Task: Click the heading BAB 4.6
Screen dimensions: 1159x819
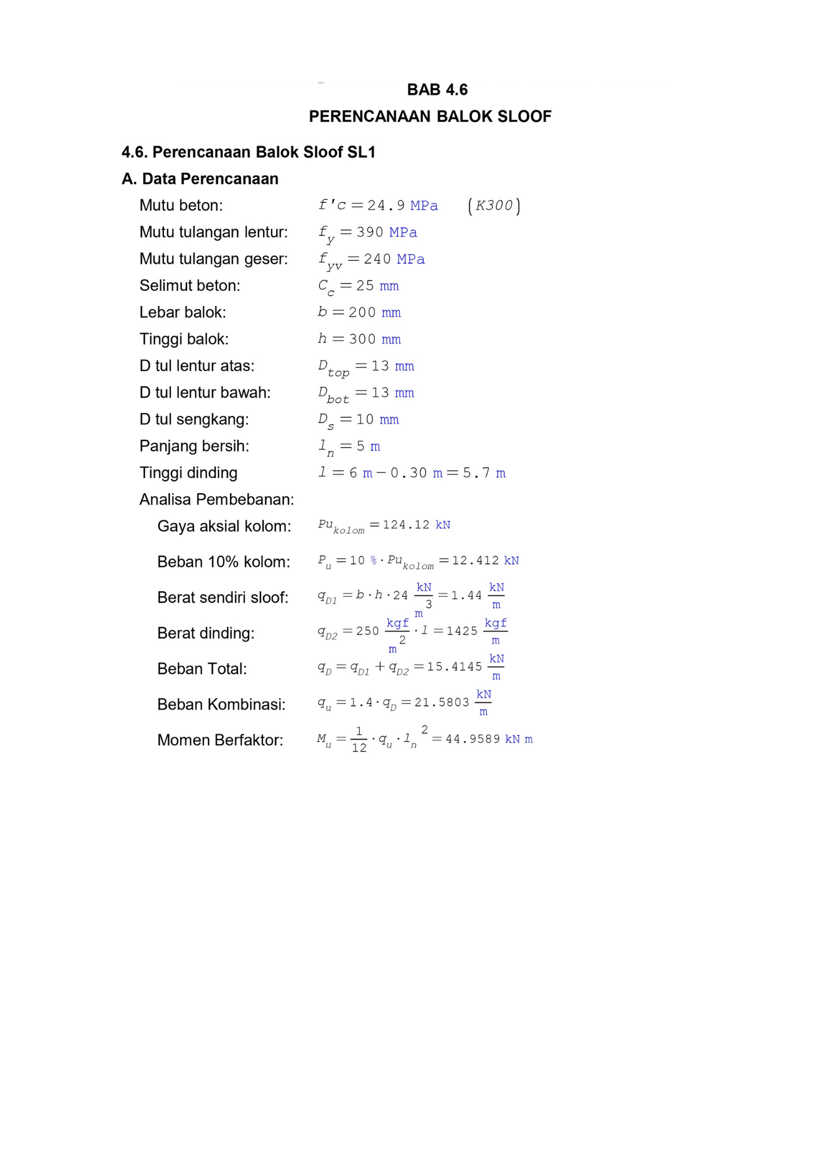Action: point(437,90)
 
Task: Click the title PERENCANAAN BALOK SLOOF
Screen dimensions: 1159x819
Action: point(430,116)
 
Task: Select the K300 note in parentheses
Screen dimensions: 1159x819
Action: point(494,206)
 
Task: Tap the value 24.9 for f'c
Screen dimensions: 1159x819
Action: point(386,206)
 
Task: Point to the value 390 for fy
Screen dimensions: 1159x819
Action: point(370,232)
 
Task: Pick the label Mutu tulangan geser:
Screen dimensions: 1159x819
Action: point(213,259)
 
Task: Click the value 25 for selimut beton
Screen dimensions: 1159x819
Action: point(365,286)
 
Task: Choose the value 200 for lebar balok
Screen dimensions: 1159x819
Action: point(362,312)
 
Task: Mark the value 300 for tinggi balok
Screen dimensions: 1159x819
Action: point(362,339)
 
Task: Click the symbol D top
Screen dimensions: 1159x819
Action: point(333,367)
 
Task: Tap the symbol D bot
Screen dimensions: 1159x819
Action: point(333,394)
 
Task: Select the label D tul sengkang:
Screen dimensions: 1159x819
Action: point(193,420)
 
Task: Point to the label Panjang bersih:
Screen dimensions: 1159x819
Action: point(194,446)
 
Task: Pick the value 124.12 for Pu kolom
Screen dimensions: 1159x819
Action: point(406,525)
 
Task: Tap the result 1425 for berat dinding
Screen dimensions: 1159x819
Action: point(462,631)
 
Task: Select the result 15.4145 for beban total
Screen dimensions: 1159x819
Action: point(454,667)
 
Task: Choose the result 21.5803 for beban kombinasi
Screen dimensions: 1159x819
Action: point(441,702)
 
